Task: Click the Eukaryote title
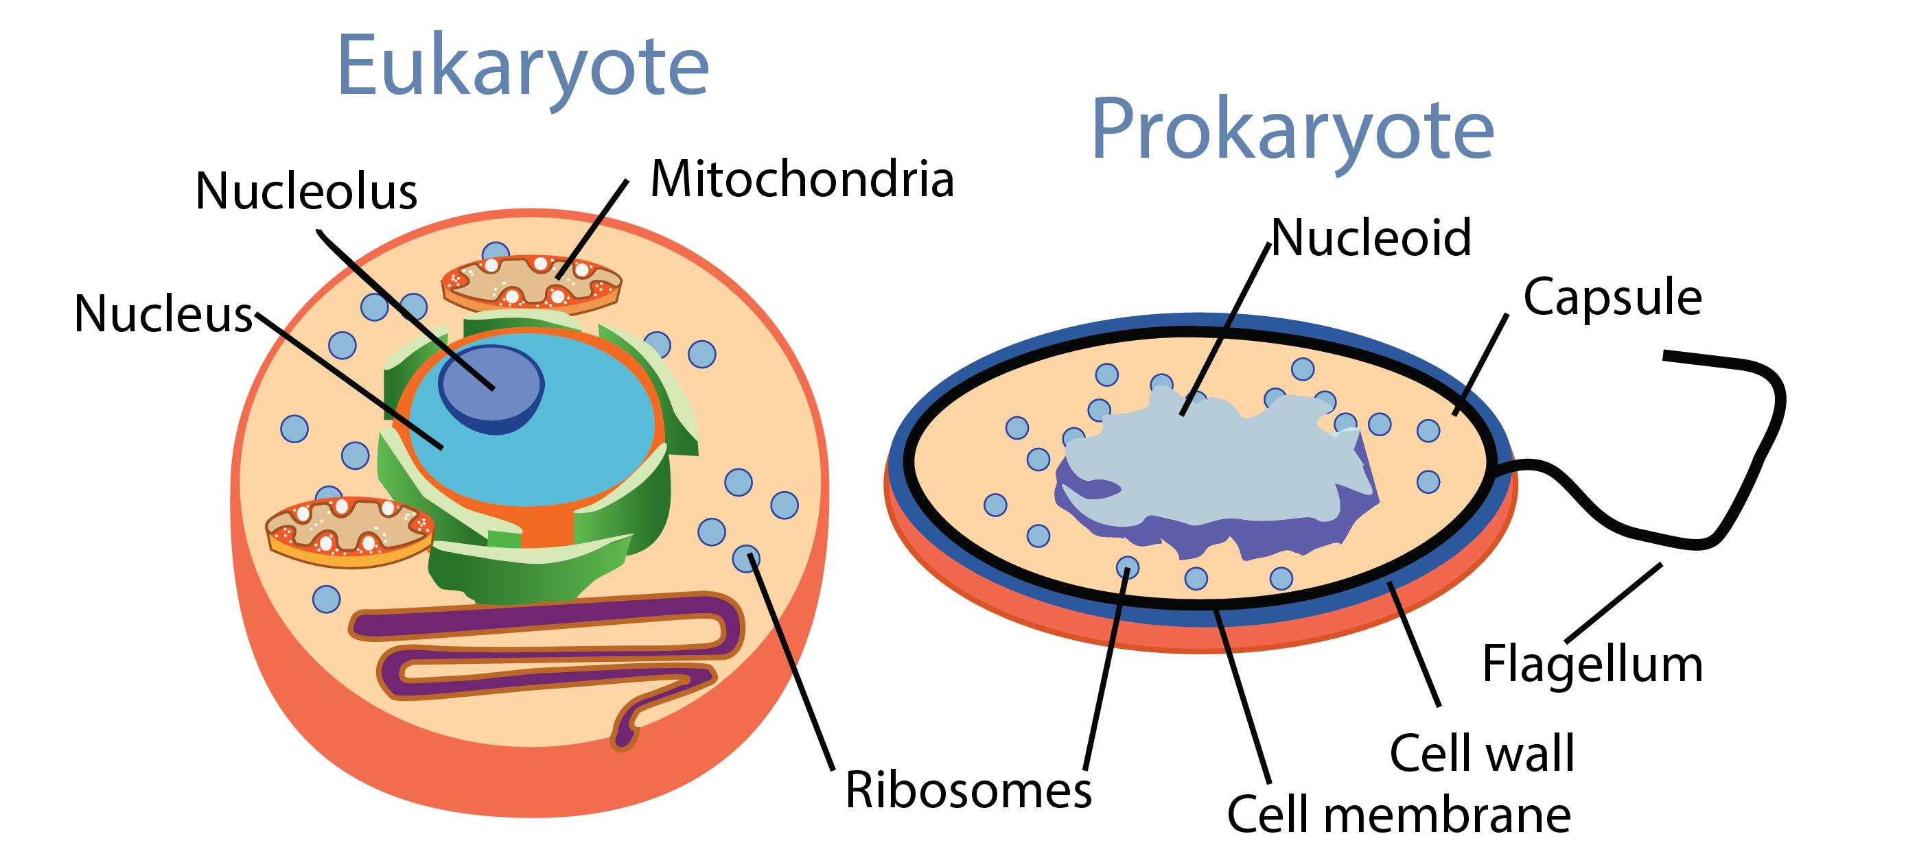pyautogui.click(x=523, y=67)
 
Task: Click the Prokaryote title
pyautogui.click(x=1292, y=131)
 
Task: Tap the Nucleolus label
pyautogui.click(x=306, y=191)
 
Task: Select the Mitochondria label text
pyautogui.click(x=802, y=180)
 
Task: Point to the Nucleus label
pyautogui.click(x=164, y=313)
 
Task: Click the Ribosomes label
pyautogui.click(x=968, y=790)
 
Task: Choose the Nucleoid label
pyautogui.click(x=1371, y=238)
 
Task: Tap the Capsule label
pyautogui.click(x=1613, y=297)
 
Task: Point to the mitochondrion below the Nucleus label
pyautogui.click(x=349, y=532)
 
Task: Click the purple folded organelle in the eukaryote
pyautogui.click(x=546, y=651)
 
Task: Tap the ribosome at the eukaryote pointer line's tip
pyautogui.click(x=745, y=558)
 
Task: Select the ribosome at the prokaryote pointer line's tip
pyautogui.click(x=1127, y=569)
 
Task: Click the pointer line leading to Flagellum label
pyautogui.click(x=1613, y=603)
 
